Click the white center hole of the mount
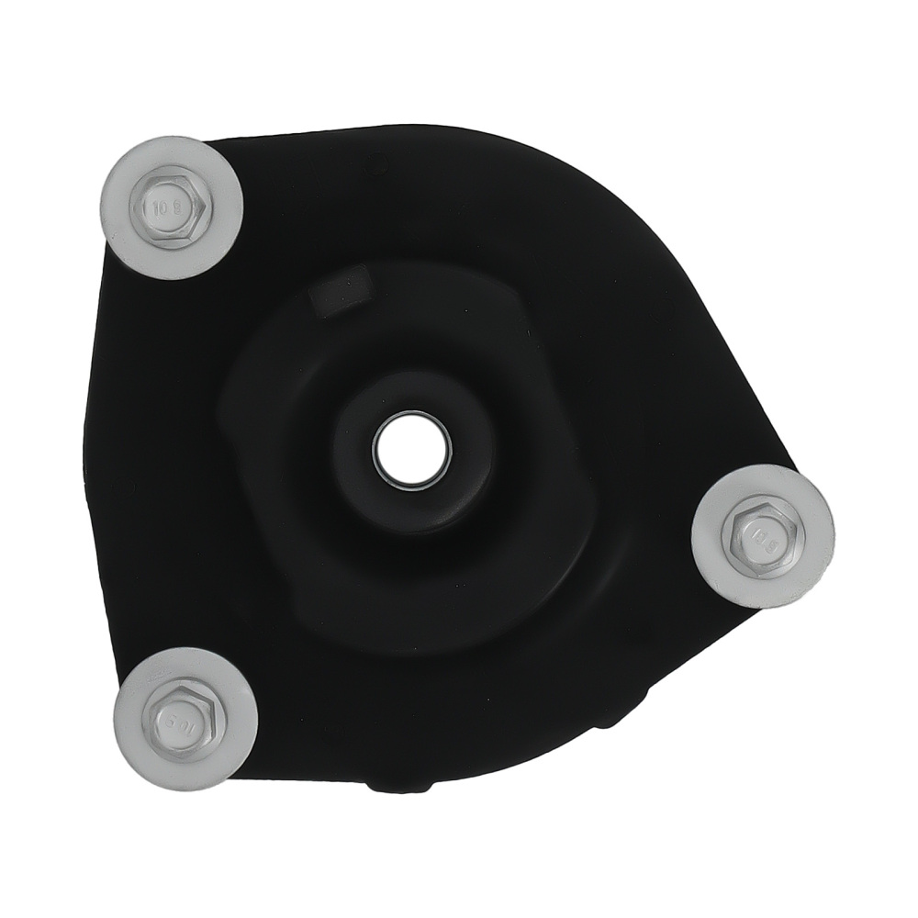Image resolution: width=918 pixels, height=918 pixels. click(412, 448)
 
